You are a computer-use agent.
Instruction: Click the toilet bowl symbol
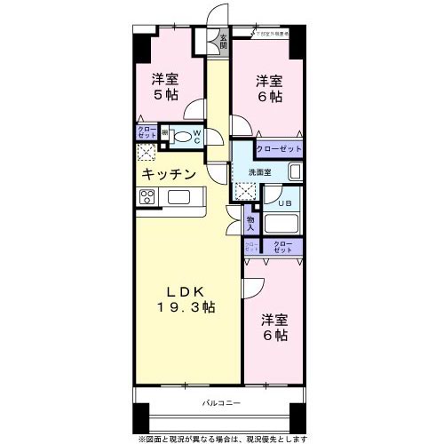coord(183,138)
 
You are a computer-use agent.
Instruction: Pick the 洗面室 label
coord(258,171)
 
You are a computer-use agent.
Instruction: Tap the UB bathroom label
coord(283,202)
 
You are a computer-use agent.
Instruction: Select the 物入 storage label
coord(250,218)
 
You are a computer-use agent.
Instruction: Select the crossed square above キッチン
coord(147,153)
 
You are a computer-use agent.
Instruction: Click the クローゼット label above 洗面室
coord(278,149)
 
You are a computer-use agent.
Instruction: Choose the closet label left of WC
coord(146,133)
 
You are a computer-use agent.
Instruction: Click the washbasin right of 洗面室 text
coord(295,171)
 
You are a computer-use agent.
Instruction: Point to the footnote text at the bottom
coord(222,437)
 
